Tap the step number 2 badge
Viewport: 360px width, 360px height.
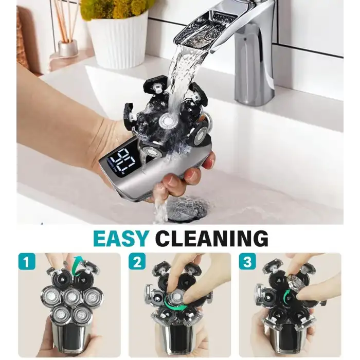click(137, 263)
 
